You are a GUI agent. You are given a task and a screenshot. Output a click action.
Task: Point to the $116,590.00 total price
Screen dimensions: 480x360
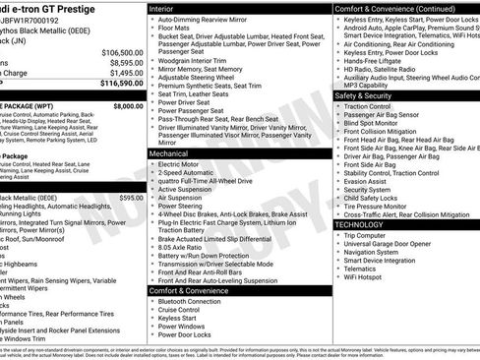pos(121,84)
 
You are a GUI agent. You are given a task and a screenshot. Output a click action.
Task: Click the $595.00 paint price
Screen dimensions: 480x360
pos(131,198)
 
